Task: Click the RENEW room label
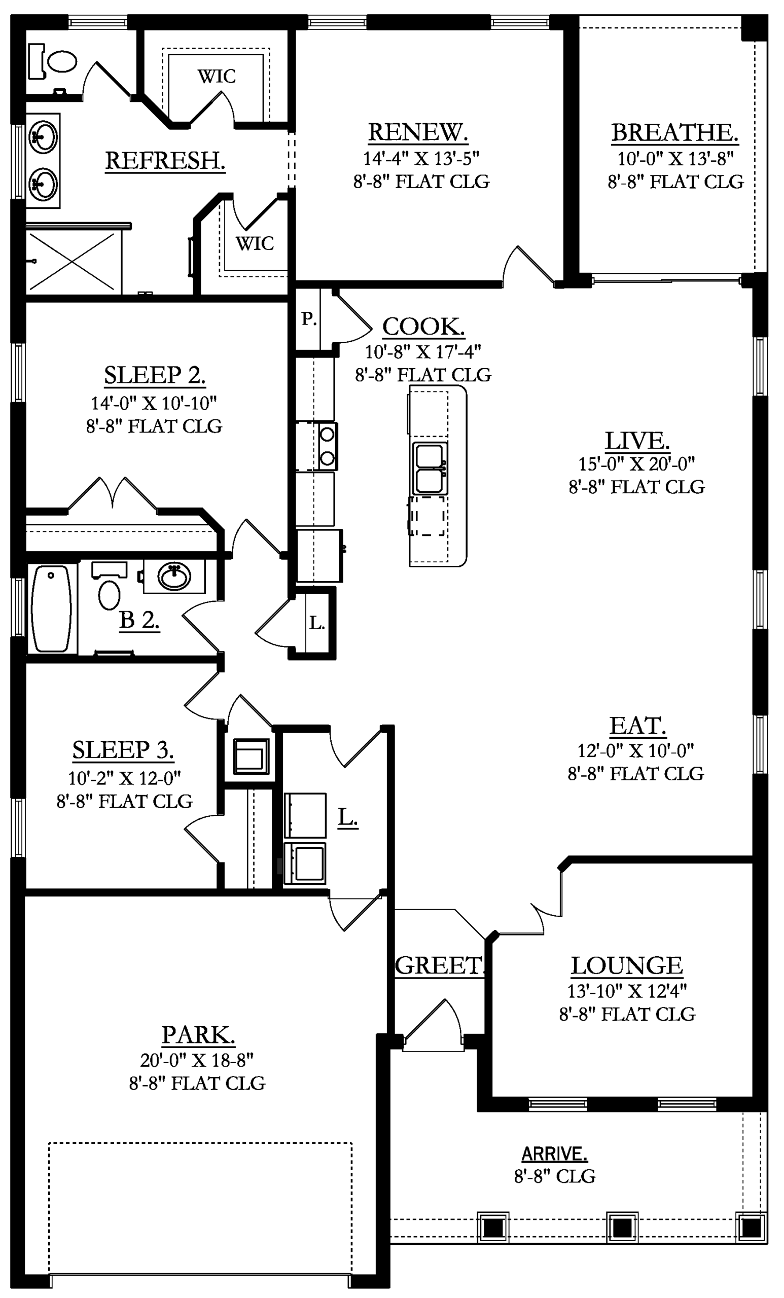click(418, 132)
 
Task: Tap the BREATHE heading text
click(674, 132)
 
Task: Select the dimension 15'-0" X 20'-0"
click(636, 464)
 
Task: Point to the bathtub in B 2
click(51, 608)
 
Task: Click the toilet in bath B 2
click(109, 585)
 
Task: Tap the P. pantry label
click(309, 319)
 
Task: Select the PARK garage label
click(198, 1035)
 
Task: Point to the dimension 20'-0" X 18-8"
click(197, 1059)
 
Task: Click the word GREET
click(438, 965)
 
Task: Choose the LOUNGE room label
click(627, 965)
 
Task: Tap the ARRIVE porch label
click(554, 1154)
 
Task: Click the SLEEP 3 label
click(123, 749)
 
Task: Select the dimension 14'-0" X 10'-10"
click(154, 403)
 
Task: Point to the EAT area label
click(637, 726)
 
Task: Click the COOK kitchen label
click(423, 327)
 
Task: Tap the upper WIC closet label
click(217, 77)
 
